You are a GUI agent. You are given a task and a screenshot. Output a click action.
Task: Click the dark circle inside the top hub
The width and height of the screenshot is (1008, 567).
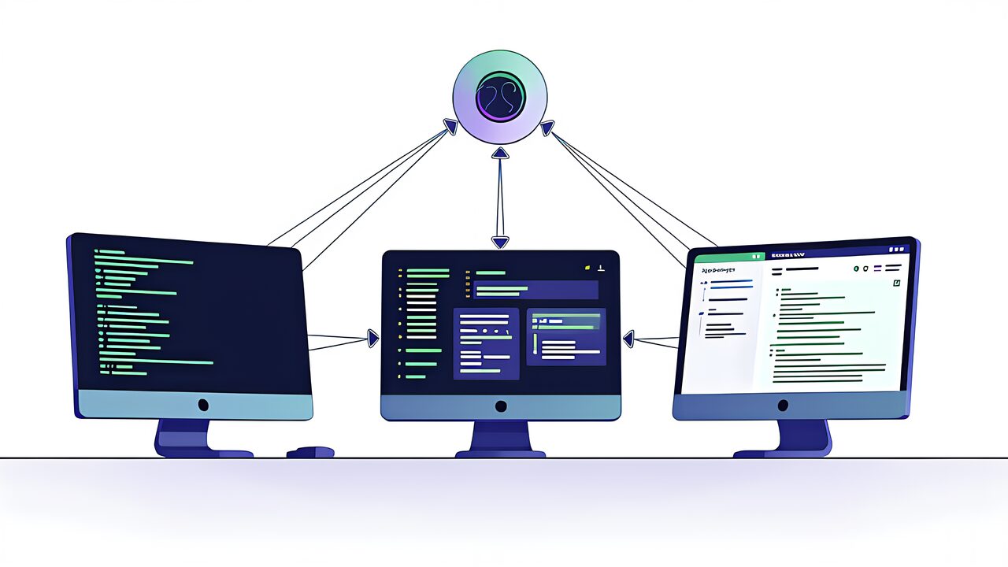click(500, 96)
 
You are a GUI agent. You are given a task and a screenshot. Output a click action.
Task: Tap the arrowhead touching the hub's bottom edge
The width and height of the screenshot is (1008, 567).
click(500, 153)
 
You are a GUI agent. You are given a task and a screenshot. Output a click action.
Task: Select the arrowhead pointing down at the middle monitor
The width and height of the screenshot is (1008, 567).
click(500, 242)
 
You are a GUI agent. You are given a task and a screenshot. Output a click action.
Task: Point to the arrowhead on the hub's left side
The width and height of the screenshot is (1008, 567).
click(450, 126)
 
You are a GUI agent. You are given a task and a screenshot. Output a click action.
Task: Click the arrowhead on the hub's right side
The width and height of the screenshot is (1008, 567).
click(547, 127)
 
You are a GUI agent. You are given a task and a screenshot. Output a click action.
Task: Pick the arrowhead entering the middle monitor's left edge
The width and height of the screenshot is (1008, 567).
click(372, 339)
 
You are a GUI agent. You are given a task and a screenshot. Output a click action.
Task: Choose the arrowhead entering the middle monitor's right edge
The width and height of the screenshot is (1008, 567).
click(628, 339)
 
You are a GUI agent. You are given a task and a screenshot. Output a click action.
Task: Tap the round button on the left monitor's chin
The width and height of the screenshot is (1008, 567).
click(203, 405)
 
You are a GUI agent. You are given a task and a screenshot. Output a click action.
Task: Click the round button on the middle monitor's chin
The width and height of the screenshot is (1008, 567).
click(501, 406)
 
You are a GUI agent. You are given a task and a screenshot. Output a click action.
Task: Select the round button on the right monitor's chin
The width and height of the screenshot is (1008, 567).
click(783, 406)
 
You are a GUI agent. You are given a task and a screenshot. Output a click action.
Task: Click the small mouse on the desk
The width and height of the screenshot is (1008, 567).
click(310, 452)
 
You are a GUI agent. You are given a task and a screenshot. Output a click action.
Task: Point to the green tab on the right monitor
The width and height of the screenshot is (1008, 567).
click(730, 257)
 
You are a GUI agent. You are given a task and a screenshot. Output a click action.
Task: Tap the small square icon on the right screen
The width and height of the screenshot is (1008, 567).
click(895, 283)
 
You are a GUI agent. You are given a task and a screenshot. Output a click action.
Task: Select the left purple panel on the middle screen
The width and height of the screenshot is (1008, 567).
click(486, 343)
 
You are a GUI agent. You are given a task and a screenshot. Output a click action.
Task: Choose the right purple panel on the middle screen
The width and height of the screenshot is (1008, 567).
click(566, 337)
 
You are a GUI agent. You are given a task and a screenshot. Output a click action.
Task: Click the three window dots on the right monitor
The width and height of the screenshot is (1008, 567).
click(898, 249)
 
